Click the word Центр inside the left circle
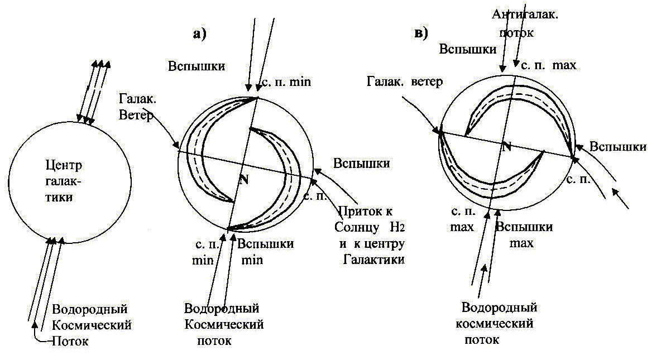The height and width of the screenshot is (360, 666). coord(64,166)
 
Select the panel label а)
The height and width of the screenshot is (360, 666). coord(199,33)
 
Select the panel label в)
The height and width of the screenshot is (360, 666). coord(421,33)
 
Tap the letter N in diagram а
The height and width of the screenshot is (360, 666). coord(243,179)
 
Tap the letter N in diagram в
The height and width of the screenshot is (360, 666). coord(506,147)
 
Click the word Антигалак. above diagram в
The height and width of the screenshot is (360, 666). coord(525,15)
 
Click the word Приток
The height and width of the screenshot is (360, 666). coord(365,212)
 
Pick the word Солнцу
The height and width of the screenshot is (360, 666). coord(357,228)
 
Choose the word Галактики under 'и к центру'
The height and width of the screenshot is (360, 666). coord(374,259)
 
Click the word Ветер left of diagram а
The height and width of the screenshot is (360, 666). coord(136,115)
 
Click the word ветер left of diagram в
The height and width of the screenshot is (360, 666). coord(427,81)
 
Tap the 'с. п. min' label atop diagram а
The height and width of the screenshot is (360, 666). coord(286,81)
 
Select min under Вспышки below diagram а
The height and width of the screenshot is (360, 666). coord(252,260)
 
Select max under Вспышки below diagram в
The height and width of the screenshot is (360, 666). coord(521,243)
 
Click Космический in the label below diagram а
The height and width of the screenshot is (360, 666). coord(224,325)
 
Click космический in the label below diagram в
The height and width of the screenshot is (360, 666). coord(495,324)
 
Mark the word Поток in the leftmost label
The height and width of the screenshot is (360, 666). coord(70,341)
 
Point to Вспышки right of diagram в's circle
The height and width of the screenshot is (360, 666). coord(618,147)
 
